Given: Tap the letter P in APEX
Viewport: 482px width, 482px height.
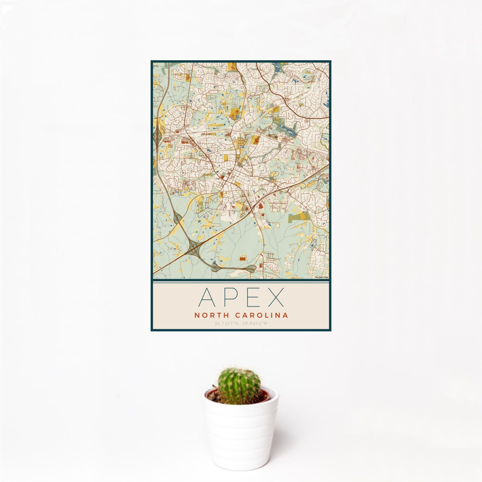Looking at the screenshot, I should (x=229, y=298).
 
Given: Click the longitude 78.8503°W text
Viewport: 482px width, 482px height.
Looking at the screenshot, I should (x=255, y=323).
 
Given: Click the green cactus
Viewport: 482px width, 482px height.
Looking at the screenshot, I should (x=239, y=386).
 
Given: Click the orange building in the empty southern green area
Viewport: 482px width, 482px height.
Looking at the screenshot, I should (x=243, y=259).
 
